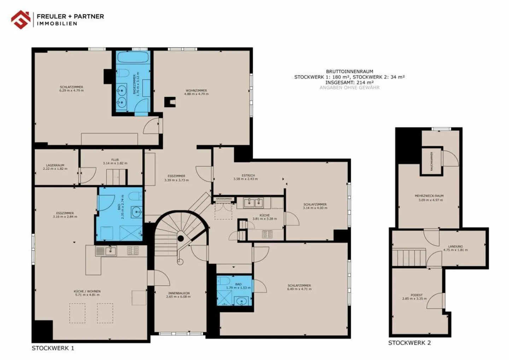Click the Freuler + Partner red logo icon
pyautogui.click(x=21, y=19)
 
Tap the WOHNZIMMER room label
pyautogui.click(x=196, y=91)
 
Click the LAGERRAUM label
pyautogui.click(x=55, y=165)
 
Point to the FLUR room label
pyautogui.click(x=115, y=160)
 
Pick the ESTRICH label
pyautogui.click(x=248, y=175)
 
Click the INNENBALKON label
pyautogui.click(x=179, y=293)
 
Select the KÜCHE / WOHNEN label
pyautogui.click(x=87, y=292)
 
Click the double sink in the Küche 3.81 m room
pyautogui.click(x=254, y=202)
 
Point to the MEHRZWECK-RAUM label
pyautogui.click(x=429, y=196)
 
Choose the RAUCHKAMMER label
pyautogui.click(x=432, y=161)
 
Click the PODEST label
pyautogui.click(x=417, y=295)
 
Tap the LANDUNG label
pyautogui.click(x=455, y=246)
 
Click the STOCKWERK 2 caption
pyautogui.click(x=409, y=343)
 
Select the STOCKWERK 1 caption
pyautogui.click(x=53, y=348)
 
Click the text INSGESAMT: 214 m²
pyautogui.click(x=349, y=82)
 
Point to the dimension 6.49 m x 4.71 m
pyautogui.click(x=299, y=289)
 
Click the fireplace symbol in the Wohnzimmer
pyautogui.click(x=170, y=102)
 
